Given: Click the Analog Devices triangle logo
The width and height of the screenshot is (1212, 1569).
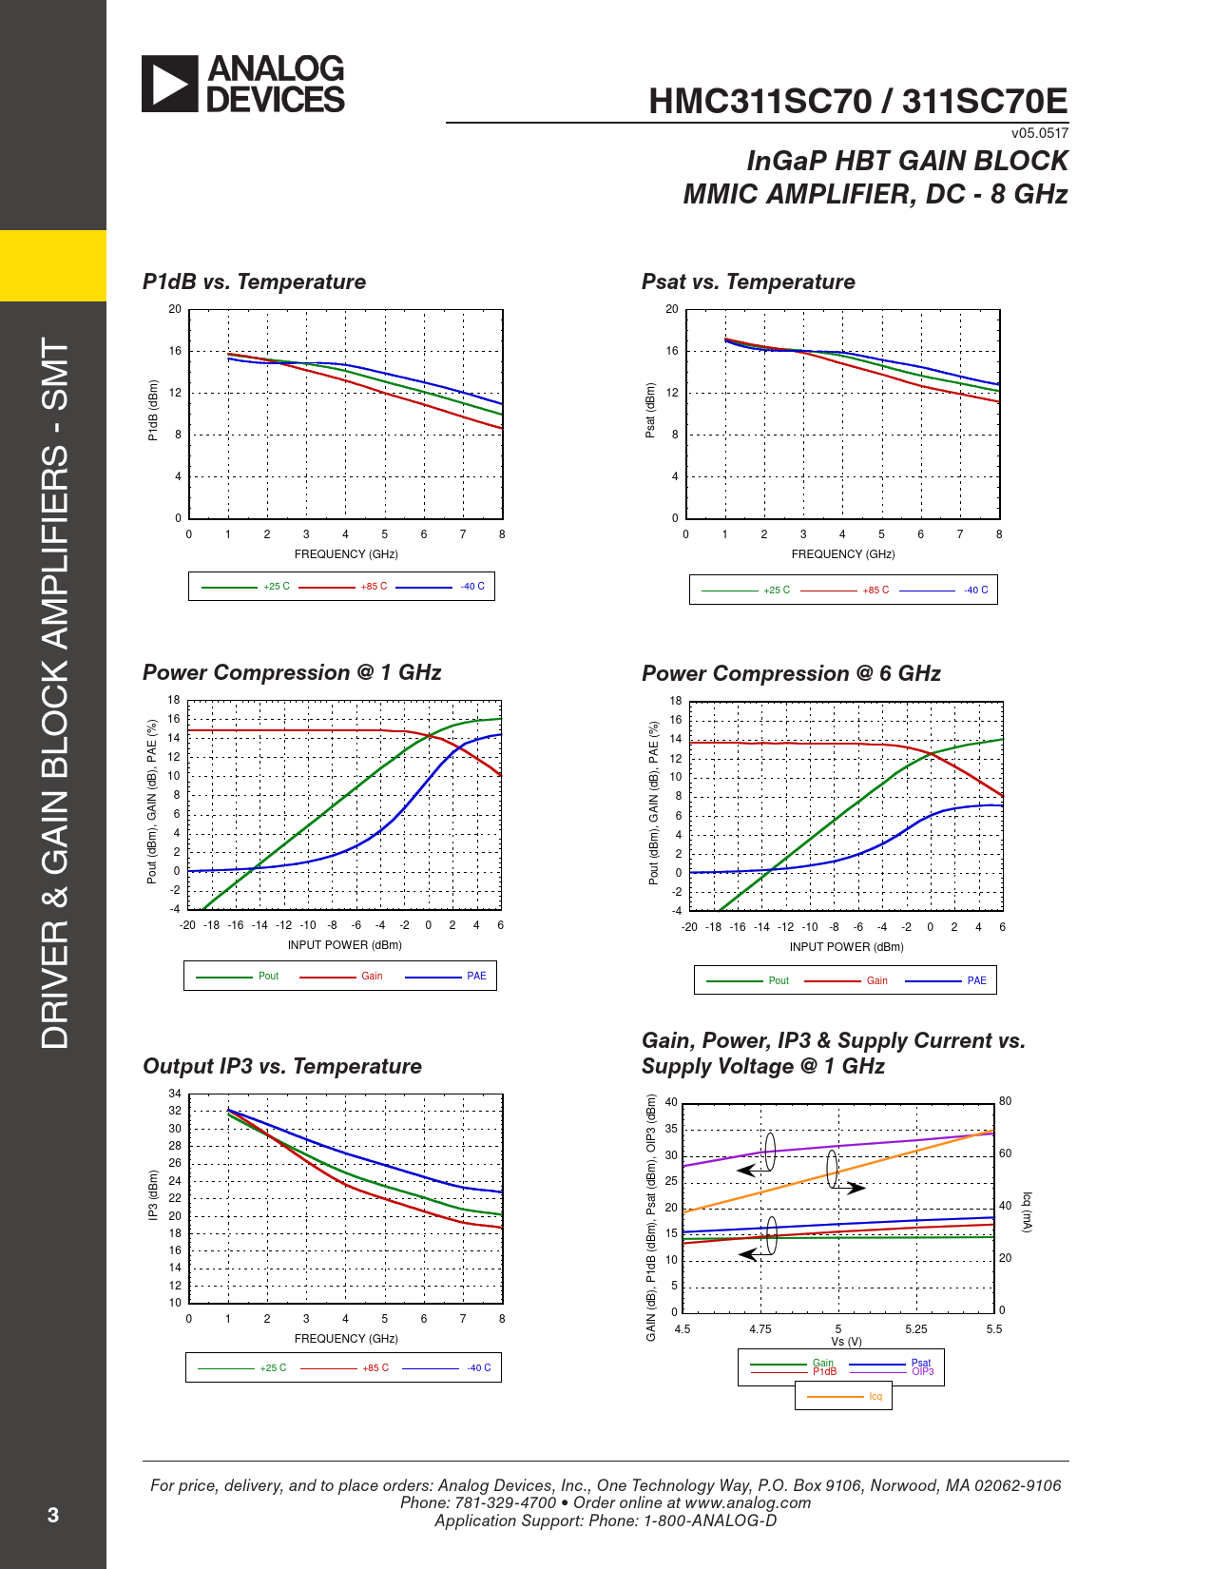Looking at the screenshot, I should click(170, 84).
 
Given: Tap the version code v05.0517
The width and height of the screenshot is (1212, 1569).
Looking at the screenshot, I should click(1039, 133).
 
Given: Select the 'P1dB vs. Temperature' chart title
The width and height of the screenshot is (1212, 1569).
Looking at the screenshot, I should click(254, 281).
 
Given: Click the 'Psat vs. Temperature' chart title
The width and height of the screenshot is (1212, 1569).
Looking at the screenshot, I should click(748, 281).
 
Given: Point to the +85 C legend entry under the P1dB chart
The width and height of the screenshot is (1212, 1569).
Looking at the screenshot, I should click(374, 587).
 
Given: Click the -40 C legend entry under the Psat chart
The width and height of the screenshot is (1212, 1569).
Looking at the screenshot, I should click(975, 591).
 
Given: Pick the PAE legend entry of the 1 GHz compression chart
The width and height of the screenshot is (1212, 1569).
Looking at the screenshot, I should click(476, 976).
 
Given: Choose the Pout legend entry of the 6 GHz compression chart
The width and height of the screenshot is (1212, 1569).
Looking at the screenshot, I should click(779, 980).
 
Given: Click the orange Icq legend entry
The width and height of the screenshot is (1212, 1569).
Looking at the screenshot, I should click(875, 1396).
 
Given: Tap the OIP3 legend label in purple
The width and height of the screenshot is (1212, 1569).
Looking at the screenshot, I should click(923, 1371).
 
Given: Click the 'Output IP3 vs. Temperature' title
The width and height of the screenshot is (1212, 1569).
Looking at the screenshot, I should click(282, 1066).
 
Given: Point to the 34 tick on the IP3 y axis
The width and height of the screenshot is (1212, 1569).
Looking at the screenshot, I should click(175, 1094).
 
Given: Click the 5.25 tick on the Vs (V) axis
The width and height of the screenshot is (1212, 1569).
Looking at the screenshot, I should click(916, 1329).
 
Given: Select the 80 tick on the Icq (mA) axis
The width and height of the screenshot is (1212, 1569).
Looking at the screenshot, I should click(1006, 1101).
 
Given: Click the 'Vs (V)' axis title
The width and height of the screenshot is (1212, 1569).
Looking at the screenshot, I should click(846, 1342).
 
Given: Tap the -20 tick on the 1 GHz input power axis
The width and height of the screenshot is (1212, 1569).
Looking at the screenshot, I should click(188, 925).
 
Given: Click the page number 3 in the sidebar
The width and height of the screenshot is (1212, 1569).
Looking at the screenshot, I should click(53, 1515).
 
